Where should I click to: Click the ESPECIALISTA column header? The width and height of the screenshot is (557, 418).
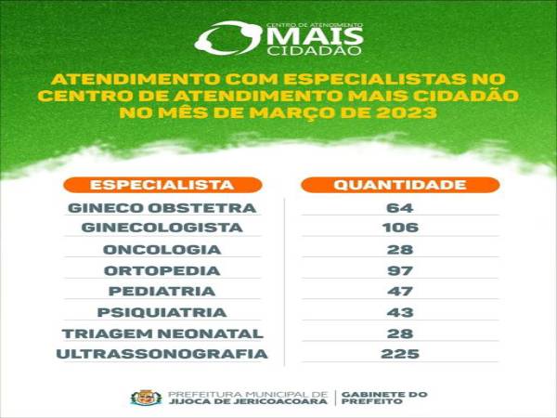point(162,185)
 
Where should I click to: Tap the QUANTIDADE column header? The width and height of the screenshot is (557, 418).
point(400,185)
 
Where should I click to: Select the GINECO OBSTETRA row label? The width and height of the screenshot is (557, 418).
point(162,208)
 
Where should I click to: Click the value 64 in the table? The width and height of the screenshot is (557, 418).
point(400,208)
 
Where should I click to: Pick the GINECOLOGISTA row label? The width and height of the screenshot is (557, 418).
point(162,228)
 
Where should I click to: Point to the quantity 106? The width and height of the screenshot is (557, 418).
point(400,228)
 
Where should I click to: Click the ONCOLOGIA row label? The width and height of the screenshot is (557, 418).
point(162,250)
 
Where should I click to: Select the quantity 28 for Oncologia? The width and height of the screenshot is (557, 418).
point(400,250)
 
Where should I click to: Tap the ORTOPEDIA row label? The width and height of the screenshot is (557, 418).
point(162,271)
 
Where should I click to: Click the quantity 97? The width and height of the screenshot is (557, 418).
point(400,271)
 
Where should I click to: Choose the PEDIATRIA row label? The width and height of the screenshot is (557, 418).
point(162,292)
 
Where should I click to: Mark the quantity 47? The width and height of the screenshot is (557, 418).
point(400,292)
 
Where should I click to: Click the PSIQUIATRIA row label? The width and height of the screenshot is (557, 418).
point(162,313)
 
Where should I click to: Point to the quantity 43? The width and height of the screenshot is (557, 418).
point(400,313)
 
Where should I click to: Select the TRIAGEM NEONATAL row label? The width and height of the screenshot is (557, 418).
point(162,333)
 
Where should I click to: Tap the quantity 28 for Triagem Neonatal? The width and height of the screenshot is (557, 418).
point(400,333)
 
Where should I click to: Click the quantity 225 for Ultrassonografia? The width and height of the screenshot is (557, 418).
point(400,354)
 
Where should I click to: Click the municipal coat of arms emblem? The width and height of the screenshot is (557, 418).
point(146,398)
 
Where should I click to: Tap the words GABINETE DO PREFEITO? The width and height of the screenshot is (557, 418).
point(384,398)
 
